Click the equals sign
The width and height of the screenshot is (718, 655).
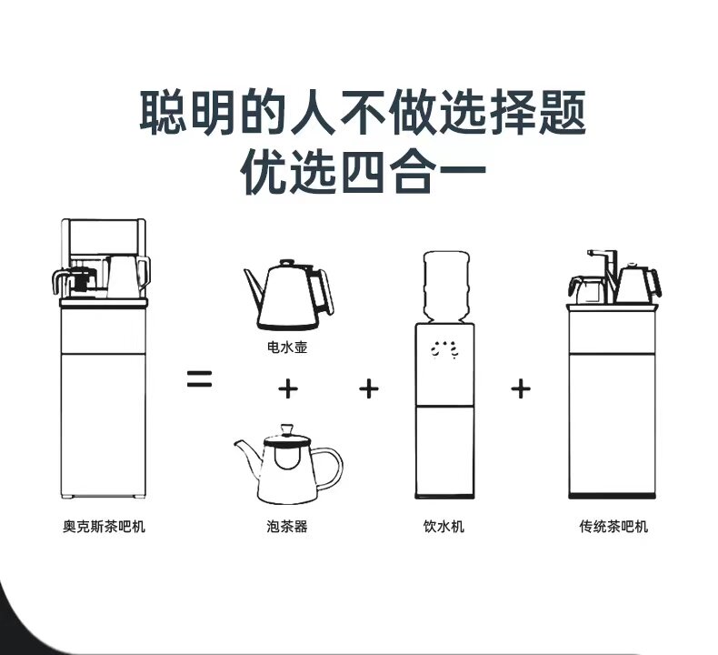200,378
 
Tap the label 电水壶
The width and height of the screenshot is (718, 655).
287,348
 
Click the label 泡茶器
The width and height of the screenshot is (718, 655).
287,526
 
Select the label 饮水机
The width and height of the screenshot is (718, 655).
444,526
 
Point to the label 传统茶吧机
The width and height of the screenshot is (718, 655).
613,526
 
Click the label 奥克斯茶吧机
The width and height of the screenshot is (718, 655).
104,526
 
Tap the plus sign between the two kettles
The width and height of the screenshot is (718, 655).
288,389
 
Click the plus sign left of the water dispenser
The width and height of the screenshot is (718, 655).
369,389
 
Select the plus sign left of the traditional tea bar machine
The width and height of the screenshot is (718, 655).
521,389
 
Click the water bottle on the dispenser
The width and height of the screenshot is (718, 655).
446,286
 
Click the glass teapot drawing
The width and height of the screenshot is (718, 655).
288,464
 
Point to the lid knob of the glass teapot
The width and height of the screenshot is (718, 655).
287,429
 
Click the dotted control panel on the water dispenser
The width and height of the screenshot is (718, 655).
444,349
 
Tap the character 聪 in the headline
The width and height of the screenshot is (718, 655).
163,112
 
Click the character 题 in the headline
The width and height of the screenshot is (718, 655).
563,112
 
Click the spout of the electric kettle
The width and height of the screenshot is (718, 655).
253,285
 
